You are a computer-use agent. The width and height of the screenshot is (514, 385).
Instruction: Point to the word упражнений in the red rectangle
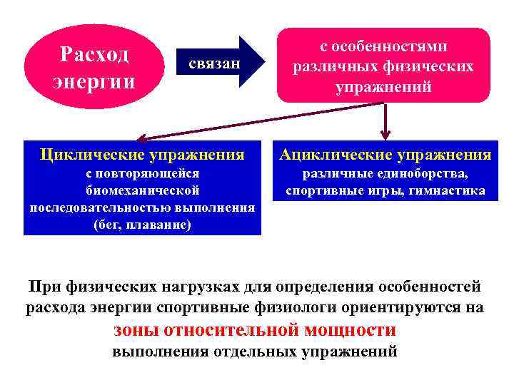coord(383,87)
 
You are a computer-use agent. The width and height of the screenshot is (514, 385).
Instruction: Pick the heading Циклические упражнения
coord(142,153)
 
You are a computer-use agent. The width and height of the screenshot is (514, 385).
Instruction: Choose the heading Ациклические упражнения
coord(385,154)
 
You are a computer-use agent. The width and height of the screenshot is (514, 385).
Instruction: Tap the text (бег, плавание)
coord(142,225)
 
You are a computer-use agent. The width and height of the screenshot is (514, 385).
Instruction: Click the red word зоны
coord(136,329)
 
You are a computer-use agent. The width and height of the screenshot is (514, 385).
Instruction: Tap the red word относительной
coord(233,329)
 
